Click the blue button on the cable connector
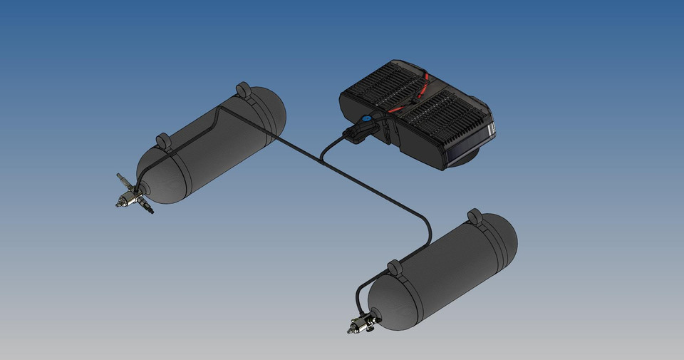pos(366,120)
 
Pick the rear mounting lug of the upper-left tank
pos(243,90)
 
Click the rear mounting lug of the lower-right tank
pos(474,216)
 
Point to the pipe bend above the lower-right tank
pos(427,222)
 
